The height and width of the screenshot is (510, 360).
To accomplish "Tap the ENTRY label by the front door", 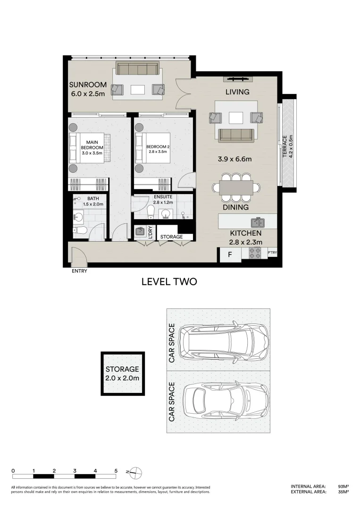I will (79, 271).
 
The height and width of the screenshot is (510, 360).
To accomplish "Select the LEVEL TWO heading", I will (169, 282).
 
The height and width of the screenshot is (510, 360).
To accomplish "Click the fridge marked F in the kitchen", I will (230, 255).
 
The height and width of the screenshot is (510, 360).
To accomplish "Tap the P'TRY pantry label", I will (272, 253).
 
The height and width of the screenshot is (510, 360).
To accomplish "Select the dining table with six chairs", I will (236, 187).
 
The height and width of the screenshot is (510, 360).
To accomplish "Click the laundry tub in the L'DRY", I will (140, 231).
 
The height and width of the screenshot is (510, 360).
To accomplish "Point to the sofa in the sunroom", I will (137, 69).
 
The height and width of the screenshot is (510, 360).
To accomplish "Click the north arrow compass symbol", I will (134, 471).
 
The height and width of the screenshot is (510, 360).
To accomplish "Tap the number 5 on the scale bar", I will (116, 471).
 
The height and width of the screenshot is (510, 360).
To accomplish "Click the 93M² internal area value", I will (343, 486).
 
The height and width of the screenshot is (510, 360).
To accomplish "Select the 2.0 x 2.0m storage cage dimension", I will (122, 378).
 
